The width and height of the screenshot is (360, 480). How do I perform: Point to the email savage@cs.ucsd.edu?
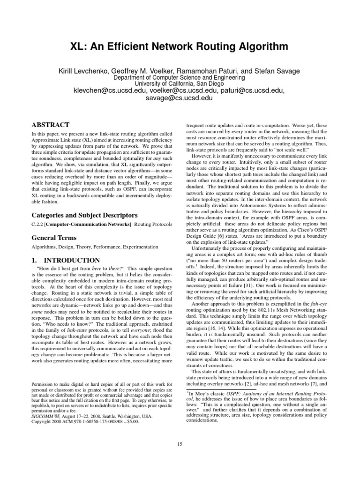point(180,98)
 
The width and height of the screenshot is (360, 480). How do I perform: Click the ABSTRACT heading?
point(50,125)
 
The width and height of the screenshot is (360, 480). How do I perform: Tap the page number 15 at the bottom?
point(180,444)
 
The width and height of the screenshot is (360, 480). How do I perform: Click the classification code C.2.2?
point(38,226)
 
